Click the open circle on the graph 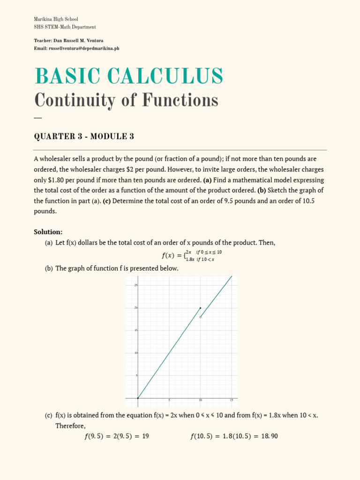click(x=201, y=317)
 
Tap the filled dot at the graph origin click(x=138, y=398)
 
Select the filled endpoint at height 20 click(x=201, y=308)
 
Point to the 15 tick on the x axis click(x=232, y=400)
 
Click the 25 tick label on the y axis click(x=135, y=285)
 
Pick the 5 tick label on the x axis click(x=169, y=400)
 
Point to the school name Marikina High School click(x=56, y=19)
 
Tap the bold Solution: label click(x=48, y=232)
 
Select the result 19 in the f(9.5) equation click(x=145, y=436)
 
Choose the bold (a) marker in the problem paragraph click(x=206, y=180)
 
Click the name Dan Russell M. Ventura click(x=82, y=41)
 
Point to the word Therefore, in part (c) click(x=70, y=426)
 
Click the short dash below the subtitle click(x=38, y=117)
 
